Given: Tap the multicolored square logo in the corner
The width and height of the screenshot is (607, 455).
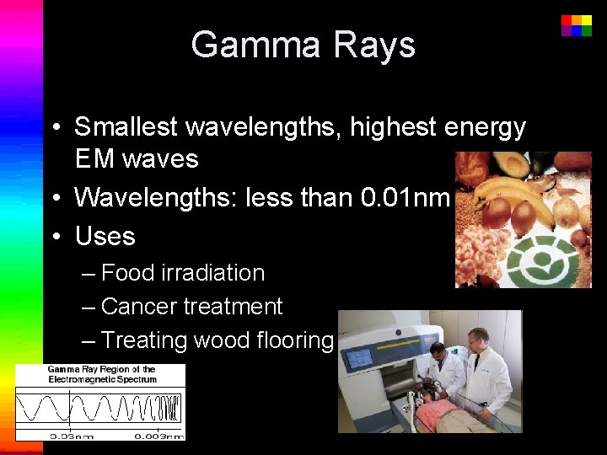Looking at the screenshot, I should pyautogui.click(x=577, y=25).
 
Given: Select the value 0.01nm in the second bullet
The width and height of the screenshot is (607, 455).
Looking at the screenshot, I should pyautogui.click(x=406, y=197).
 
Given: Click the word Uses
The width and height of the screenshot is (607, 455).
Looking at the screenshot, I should pyautogui.click(x=105, y=236).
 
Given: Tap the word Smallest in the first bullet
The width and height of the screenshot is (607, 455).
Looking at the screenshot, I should pyautogui.click(x=126, y=127).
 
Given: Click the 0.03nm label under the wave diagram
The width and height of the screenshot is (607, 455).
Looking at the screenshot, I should pyautogui.click(x=72, y=435).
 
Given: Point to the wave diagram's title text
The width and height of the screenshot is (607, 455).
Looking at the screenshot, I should pyautogui.click(x=101, y=374).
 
